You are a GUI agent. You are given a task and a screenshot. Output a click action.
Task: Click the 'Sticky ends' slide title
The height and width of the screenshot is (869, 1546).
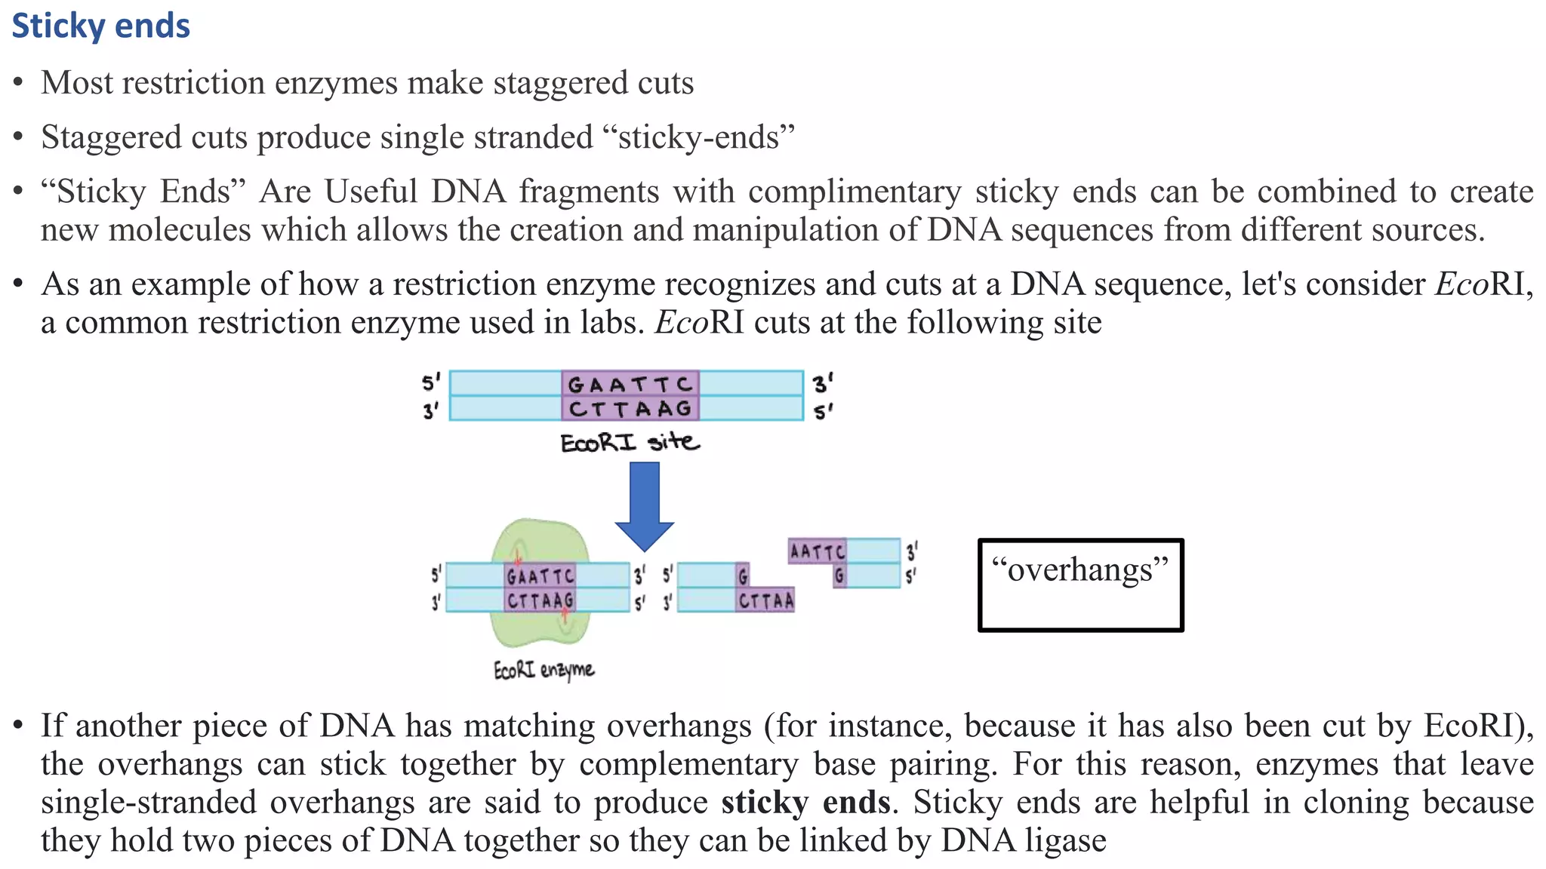(x=100, y=26)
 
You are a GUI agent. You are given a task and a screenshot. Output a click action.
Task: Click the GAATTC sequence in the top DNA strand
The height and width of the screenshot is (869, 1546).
(x=630, y=385)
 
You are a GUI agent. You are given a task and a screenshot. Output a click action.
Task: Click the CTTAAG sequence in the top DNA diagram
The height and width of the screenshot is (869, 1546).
(x=630, y=409)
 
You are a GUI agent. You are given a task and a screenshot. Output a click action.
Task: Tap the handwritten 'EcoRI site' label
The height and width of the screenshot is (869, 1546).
(x=630, y=442)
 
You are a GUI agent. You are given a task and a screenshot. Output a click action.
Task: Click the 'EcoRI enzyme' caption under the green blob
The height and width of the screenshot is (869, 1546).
(x=544, y=670)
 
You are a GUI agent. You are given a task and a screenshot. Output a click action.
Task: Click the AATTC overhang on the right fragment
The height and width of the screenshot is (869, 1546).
(x=817, y=552)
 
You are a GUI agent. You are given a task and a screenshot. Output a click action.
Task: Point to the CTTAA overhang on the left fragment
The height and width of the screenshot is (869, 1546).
(x=765, y=600)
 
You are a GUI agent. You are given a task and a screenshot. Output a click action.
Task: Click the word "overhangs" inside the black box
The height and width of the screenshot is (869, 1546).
(x=1079, y=570)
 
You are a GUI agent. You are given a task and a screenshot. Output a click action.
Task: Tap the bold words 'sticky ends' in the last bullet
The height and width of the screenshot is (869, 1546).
(x=805, y=802)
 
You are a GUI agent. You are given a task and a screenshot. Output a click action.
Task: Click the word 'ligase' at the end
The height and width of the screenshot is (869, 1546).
(x=1065, y=840)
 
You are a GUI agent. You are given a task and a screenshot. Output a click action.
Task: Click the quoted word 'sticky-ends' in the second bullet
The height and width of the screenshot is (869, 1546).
(x=699, y=138)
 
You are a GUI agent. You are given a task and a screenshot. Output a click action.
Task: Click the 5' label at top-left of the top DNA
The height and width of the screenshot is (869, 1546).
(x=430, y=383)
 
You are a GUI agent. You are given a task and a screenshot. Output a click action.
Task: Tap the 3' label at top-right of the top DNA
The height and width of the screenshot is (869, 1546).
(x=822, y=383)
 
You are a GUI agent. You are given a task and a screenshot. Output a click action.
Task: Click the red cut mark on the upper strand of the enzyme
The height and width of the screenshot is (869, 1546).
(x=518, y=560)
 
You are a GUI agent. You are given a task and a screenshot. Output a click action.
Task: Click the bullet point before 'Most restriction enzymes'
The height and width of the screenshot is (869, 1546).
(x=19, y=84)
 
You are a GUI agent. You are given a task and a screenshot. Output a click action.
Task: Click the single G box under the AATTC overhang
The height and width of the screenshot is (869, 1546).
(x=839, y=576)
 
